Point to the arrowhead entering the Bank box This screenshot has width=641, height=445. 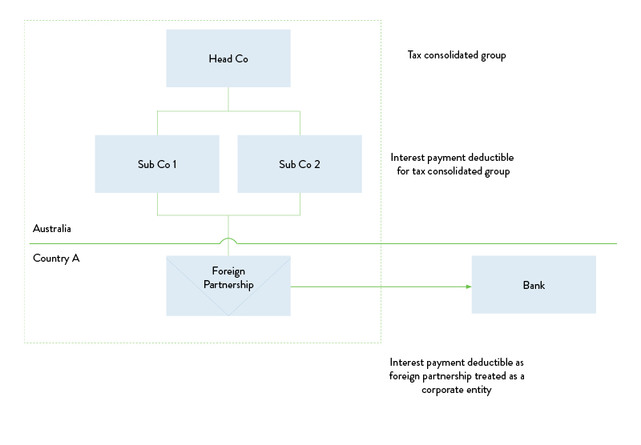pos(468,286)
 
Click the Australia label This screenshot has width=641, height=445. pos(52,229)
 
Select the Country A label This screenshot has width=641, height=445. pos(56,259)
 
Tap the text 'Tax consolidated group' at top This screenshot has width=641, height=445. pos(457,56)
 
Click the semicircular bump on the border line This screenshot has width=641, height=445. pos(228,239)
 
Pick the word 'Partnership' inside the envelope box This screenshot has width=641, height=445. pos(228,285)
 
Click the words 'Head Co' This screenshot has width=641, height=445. pos(228,59)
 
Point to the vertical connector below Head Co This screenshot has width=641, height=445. pos(228,98)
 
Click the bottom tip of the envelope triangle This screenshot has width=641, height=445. pos(228,315)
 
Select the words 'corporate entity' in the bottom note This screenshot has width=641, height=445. pos(456,390)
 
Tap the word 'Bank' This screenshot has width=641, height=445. pos(534,286)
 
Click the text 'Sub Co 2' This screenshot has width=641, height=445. pos(300,165)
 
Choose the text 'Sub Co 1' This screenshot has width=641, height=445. pos(157,165)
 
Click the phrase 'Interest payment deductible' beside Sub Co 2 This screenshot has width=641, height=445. pos(452,158)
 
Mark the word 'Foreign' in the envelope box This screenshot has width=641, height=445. pos(228,271)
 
